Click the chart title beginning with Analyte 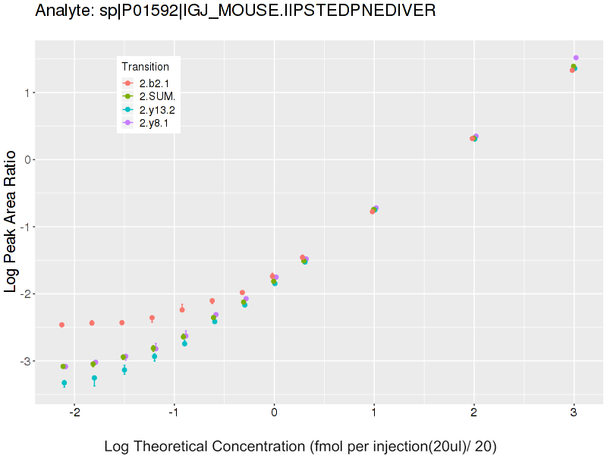(x=235, y=11)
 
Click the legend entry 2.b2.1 (x=152, y=83)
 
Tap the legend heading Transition (x=145, y=67)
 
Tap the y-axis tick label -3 (x=23, y=361)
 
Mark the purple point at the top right (x=576, y=58)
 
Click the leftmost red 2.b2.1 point (x=61, y=325)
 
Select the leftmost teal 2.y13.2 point (x=64, y=383)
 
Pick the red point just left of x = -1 (x=182, y=309)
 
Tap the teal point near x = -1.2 (x=154, y=356)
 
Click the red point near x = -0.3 (x=242, y=293)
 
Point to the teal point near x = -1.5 (x=124, y=370)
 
